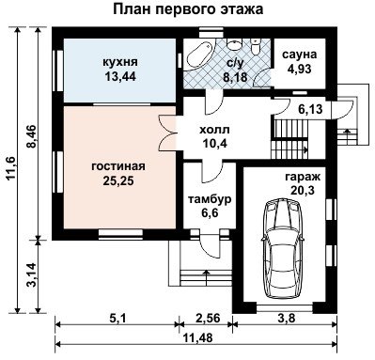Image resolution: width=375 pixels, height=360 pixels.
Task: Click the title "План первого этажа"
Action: [187, 9]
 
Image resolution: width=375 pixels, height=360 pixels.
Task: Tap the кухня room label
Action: [120, 62]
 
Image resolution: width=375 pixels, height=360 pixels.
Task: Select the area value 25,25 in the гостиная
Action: [118, 181]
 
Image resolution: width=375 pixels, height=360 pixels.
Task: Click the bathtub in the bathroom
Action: [198, 55]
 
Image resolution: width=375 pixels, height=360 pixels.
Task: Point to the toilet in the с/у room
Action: [256, 47]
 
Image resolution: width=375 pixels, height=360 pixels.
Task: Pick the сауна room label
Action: [300, 55]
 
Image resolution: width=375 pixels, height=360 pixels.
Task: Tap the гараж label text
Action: [303, 178]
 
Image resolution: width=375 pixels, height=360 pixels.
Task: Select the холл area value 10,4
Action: [214, 144]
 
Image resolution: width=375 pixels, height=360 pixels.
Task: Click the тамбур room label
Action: [210, 199]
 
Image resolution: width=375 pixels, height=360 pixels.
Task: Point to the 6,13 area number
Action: [310, 109]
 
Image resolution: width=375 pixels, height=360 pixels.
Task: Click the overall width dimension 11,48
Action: [197, 338]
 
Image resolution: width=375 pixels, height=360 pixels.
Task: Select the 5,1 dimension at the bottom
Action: [117, 319]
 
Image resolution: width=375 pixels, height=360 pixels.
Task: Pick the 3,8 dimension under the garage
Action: [287, 319]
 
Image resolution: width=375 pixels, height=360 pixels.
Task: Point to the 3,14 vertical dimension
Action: [32, 274]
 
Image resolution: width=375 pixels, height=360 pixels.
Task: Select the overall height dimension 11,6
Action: [12, 168]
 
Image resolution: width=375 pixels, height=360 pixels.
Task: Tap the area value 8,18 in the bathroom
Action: [235, 76]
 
